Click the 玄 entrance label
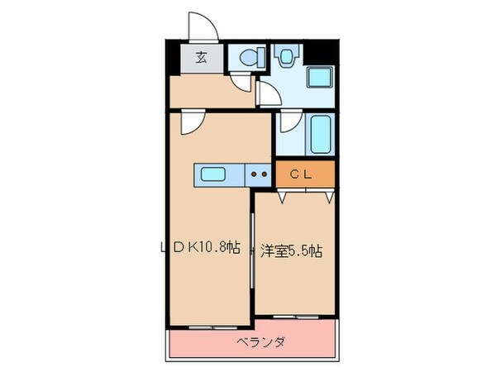point(201,57)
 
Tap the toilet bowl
point(249,58)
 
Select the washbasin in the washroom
point(286,56)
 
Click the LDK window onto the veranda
point(210,328)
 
